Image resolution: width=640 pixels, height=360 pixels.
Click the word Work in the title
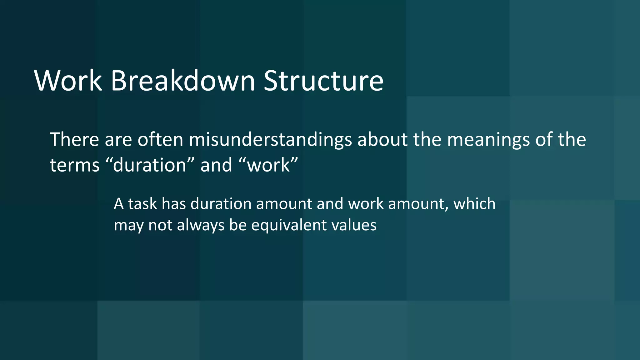pyautogui.click(x=68, y=81)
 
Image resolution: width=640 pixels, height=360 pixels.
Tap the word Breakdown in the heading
pyautogui.click(x=183, y=81)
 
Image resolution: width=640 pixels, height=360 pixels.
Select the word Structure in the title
pyautogui.click(x=323, y=81)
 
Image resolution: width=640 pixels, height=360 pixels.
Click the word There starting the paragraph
pyautogui.click(x=74, y=139)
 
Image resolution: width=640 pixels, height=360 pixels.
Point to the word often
pyautogui.click(x=160, y=139)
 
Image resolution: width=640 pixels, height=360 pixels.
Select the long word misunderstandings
pyautogui.click(x=270, y=140)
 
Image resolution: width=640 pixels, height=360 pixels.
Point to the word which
pyautogui.click(x=474, y=204)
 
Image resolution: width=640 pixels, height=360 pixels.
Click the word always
pyautogui.click(x=201, y=226)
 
